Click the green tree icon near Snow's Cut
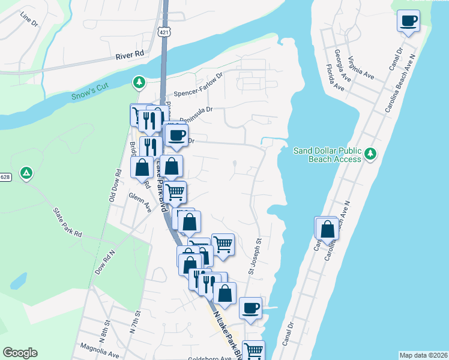(x=139, y=81)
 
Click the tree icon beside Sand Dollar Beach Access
(x=371, y=155)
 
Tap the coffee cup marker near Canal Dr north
(x=408, y=22)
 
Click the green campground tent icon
(x=26, y=174)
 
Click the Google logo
(x=20, y=353)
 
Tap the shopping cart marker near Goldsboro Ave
(x=253, y=350)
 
